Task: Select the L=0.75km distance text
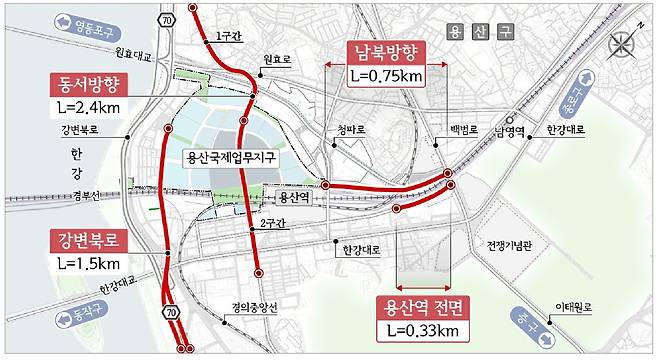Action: (386, 75)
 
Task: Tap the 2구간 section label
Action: (271, 225)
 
